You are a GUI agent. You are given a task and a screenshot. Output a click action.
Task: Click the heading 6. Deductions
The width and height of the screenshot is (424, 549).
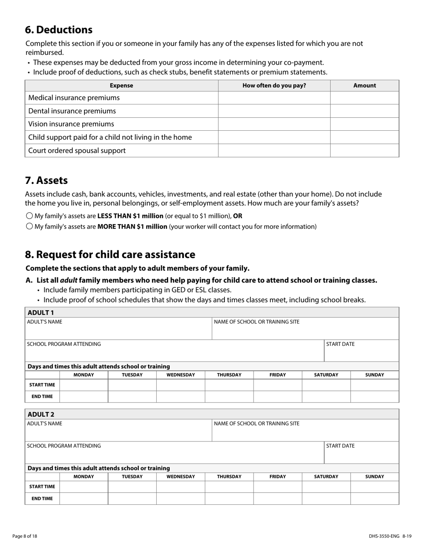click(x=58, y=30)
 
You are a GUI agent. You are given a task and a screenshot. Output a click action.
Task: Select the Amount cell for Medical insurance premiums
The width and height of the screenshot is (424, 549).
click(x=364, y=98)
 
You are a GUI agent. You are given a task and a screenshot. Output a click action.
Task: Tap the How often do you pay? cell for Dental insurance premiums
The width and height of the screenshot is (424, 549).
click(x=274, y=111)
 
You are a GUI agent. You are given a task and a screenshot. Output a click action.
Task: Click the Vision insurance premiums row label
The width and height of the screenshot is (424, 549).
click(x=71, y=124)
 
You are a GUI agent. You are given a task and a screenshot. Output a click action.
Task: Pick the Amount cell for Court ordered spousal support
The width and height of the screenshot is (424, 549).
click(x=364, y=150)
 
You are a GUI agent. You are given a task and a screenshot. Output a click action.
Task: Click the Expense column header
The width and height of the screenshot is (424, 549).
click(x=121, y=86)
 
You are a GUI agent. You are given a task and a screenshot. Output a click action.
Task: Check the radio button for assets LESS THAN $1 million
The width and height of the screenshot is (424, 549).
click(x=29, y=216)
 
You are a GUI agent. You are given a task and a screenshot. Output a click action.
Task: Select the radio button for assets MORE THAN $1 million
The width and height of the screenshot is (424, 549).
click(x=29, y=226)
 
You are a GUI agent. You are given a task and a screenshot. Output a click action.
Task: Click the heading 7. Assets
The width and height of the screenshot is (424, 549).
click(x=46, y=180)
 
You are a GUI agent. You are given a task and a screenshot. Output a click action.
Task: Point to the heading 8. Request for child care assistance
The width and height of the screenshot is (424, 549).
click(x=110, y=254)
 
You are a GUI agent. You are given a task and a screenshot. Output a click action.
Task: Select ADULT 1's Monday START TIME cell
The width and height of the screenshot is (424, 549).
click(x=84, y=385)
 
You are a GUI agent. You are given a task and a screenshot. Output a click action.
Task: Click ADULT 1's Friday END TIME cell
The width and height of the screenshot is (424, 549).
click(x=278, y=396)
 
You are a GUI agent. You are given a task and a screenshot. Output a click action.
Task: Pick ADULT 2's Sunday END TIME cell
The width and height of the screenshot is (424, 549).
click(x=374, y=499)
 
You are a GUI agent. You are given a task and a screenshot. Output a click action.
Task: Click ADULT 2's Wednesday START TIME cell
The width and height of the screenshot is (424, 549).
click(x=180, y=487)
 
